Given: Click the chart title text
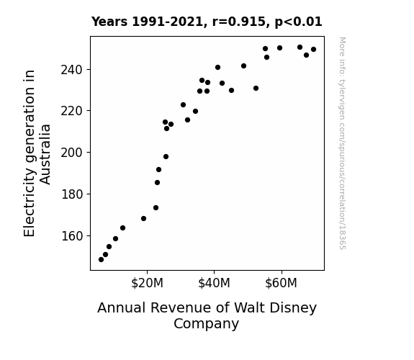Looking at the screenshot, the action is tap(207, 22).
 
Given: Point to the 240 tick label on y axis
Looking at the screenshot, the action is tap(72, 70).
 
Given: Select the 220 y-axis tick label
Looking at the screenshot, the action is tap(72, 111).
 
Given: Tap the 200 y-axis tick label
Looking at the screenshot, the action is tap(72, 153).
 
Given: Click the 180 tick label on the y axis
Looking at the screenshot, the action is tap(72, 194).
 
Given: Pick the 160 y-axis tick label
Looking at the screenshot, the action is tap(72, 236).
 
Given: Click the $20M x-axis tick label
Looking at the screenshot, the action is tap(147, 283).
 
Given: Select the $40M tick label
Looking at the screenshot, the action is tap(214, 283).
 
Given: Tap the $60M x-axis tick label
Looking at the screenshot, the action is tap(282, 283).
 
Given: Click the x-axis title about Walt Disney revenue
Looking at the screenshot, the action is tap(207, 315).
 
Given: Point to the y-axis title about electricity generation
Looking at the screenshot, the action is tap(37, 153).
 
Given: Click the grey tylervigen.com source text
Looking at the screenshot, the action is tap(342, 143).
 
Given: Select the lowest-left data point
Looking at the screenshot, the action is tap(101, 260).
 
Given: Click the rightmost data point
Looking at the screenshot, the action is tap(313, 50).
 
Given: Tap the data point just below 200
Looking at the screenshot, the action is tap(166, 157).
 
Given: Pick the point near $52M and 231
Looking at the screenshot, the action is tap(256, 89).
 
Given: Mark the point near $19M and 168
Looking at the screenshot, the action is tap(143, 218).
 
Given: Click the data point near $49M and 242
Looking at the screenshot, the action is tap(243, 66).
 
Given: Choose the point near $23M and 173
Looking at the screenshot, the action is tap(156, 208).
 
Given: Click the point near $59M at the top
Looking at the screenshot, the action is tap(279, 48).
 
